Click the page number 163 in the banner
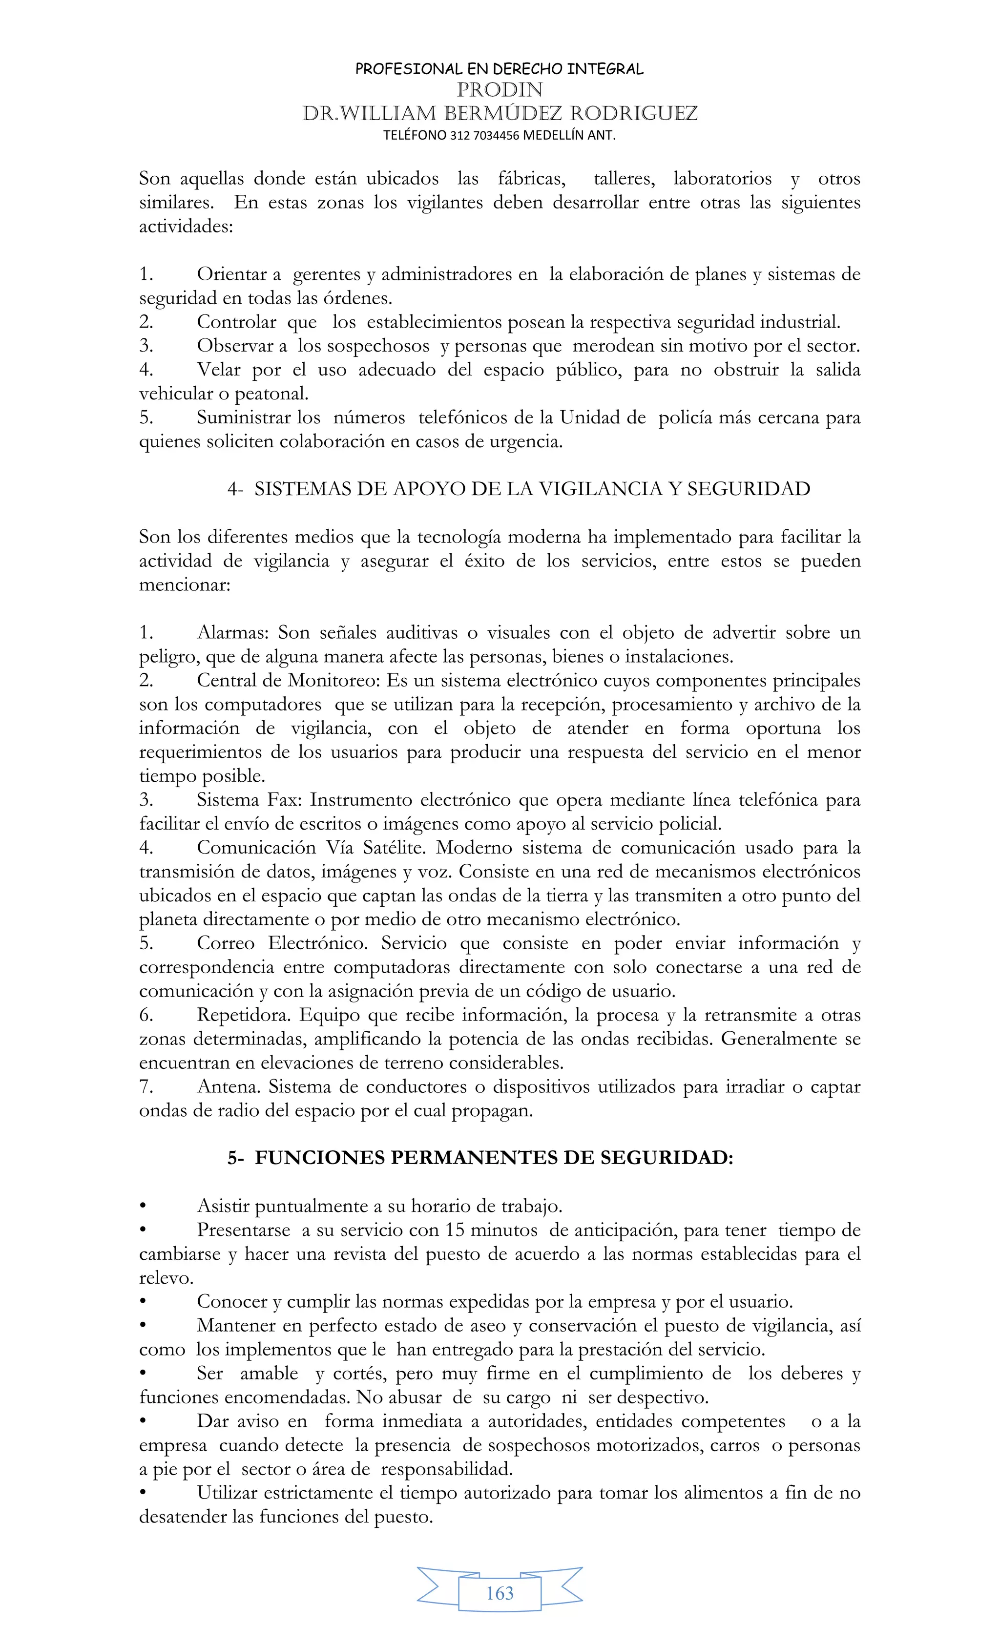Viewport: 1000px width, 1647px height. (x=500, y=1593)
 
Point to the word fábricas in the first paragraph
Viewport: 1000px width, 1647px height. (x=531, y=179)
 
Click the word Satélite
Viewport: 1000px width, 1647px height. (x=394, y=848)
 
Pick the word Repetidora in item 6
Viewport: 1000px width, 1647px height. (x=243, y=1015)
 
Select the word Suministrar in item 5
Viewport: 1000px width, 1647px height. (x=244, y=418)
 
